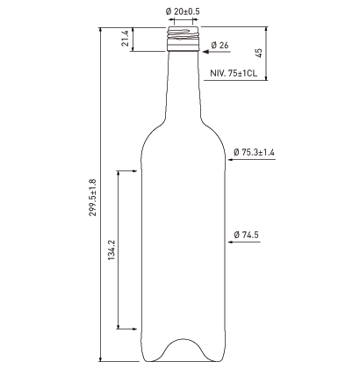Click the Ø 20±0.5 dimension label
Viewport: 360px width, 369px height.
[x=182, y=11]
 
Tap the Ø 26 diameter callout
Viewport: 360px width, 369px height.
[x=220, y=44]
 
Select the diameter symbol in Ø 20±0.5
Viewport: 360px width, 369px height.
[x=168, y=11]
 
